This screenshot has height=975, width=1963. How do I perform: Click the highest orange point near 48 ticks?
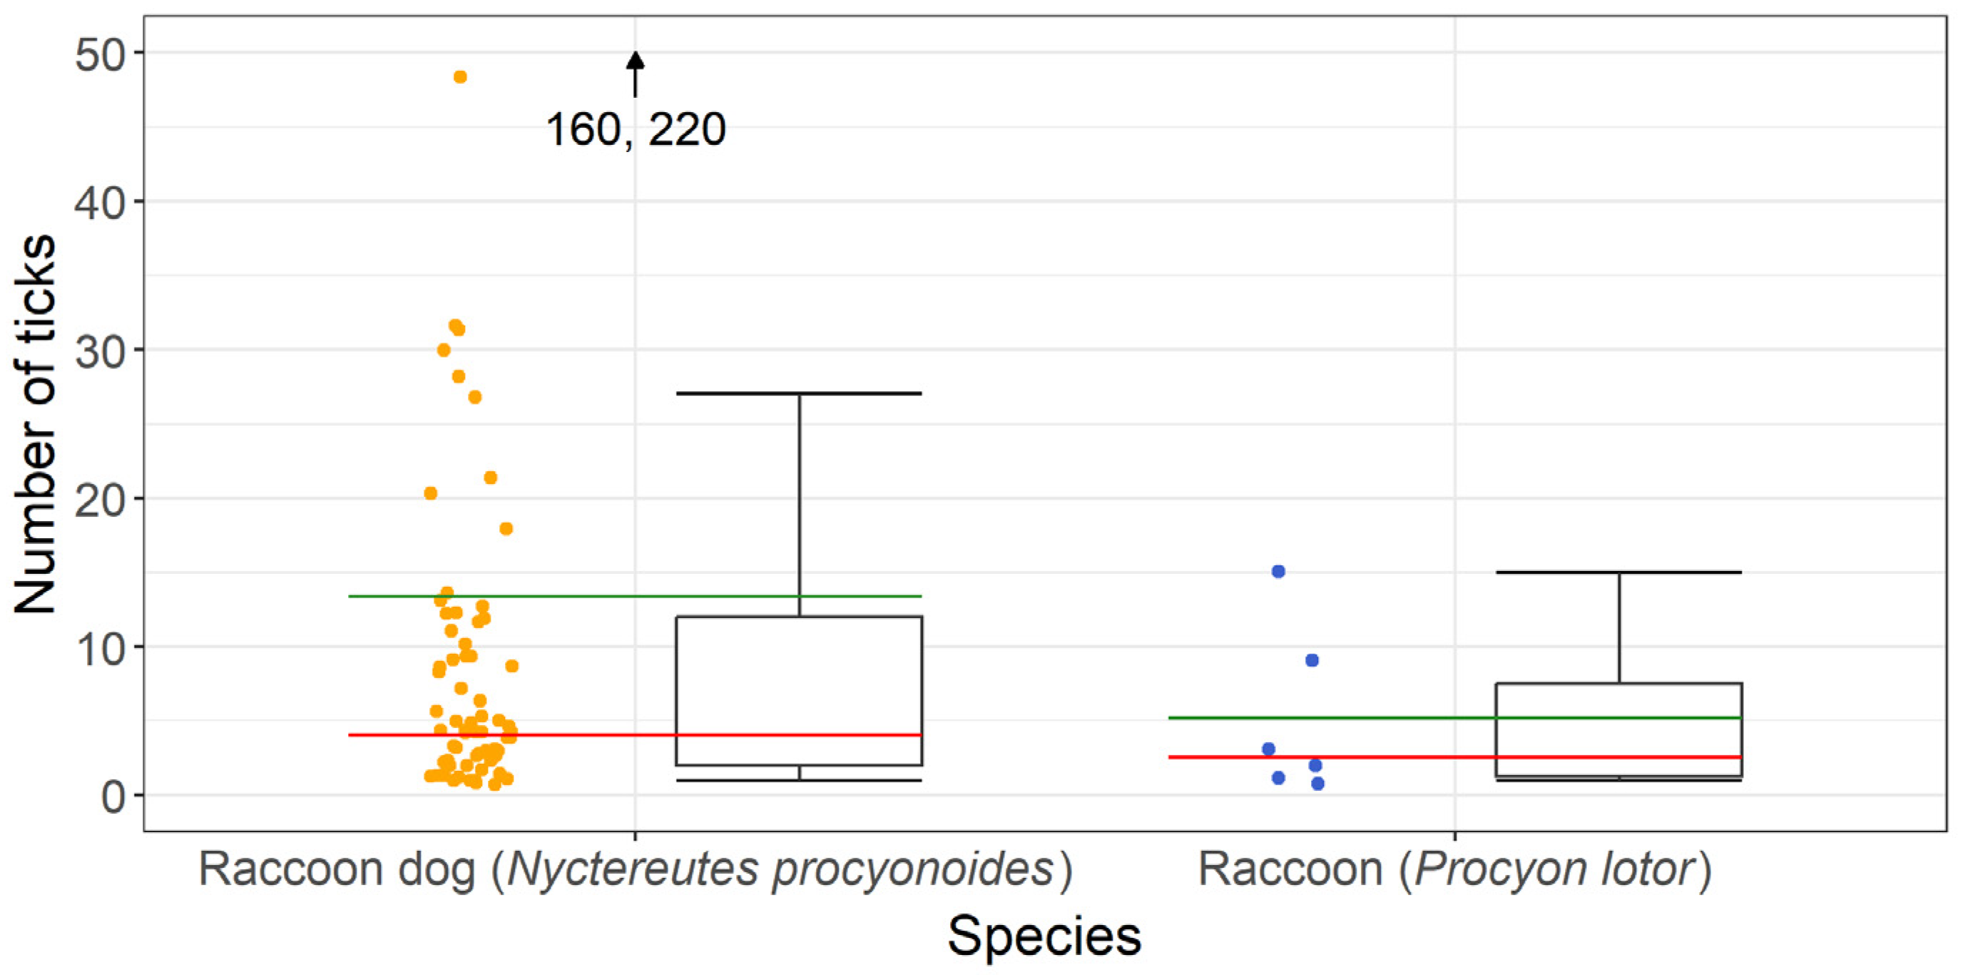pyautogui.click(x=460, y=77)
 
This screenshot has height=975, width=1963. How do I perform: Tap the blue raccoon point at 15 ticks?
pyautogui.click(x=1279, y=572)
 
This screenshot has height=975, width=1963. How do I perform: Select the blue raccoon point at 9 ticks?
pyautogui.click(x=1312, y=660)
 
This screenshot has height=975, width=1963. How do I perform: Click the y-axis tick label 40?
pyautogui.click(x=98, y=204)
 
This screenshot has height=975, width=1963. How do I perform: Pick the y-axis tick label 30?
pyautogui.click(x=98, y=353)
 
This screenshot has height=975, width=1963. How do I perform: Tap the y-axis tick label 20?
pyautogui.click(x=98, y=502)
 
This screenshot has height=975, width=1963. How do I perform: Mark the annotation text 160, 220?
pyautogui.click(x=636, y=130)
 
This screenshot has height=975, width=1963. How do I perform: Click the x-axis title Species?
pyautogui.click(x=1044, y=936)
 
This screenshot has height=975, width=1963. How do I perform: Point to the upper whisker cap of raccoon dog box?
pyautogui.click(x=799, y=393)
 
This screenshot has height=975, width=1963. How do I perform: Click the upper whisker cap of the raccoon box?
pyautogui.click(x=1618, y=572)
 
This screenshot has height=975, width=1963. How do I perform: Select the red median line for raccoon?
pyautogui.click(x=1372, y=757)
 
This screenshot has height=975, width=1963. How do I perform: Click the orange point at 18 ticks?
pyautogui.click(x=506, y=528)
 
